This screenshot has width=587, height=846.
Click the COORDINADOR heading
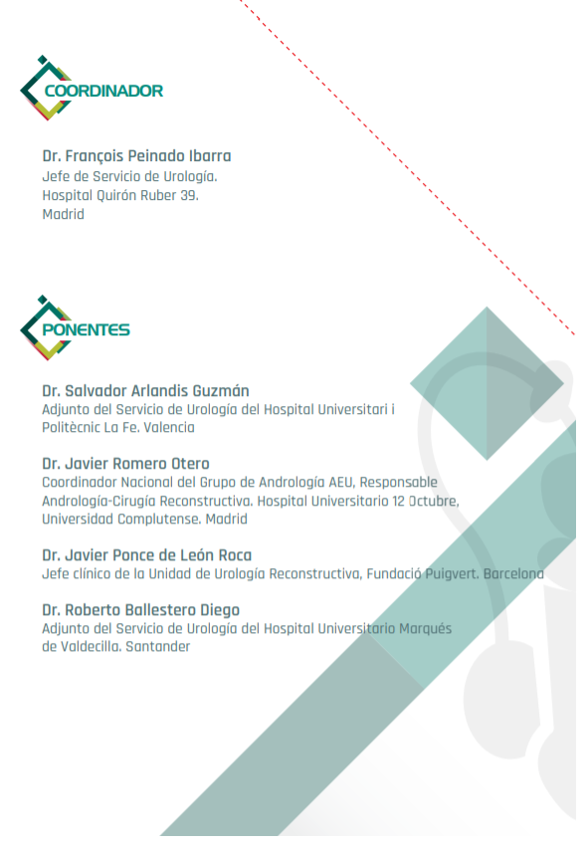[x=103, y=91]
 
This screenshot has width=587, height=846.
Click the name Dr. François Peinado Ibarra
[x=136, y=156]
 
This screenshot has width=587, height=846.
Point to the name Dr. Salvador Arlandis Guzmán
[x=145, y=390]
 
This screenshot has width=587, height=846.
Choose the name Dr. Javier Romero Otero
[x=125, y=464]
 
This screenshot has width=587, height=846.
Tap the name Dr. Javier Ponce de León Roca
[x=146, y=555]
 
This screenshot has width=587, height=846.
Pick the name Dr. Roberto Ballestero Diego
[x=140, y=610]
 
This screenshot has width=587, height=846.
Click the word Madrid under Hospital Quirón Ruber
[x=63, y=214]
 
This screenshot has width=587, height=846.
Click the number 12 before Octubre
[x=397, y=501]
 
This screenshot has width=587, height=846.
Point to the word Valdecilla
[x=93, y=647]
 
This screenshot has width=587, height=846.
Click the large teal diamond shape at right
[x=487, y=383]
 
